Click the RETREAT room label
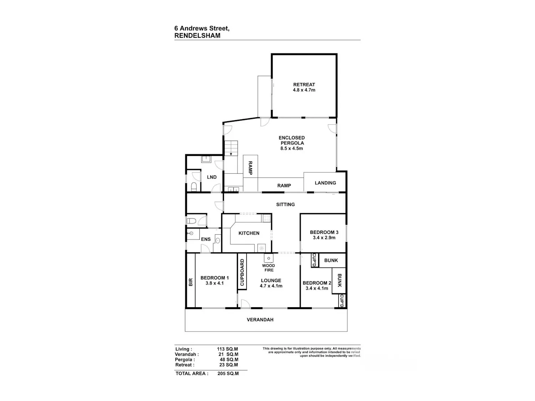304,84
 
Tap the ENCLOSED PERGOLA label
291,140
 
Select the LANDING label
325,183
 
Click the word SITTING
285,204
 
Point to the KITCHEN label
249,233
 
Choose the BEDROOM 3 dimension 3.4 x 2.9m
324,238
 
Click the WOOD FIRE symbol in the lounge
269,258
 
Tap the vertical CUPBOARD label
242,272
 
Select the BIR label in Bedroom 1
190,282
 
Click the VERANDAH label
260,319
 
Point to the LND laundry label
212,177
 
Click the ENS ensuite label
206,239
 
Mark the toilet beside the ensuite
191,221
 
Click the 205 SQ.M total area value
228,373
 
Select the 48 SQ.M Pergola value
229,359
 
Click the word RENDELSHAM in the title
197,36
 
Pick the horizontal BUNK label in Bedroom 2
331,260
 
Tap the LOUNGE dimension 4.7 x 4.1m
271,286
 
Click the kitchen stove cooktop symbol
266,218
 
